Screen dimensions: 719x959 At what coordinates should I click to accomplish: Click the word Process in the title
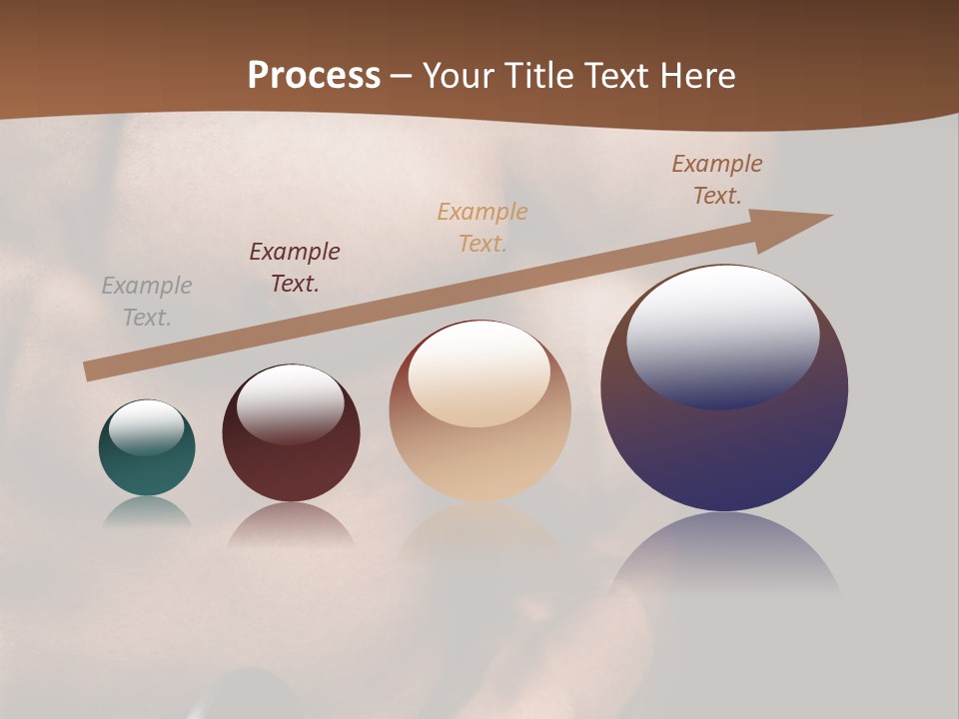pyautogui.click(x=314, y=75)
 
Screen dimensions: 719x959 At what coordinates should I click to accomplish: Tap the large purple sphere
pyautogui.click(x=724, y=449)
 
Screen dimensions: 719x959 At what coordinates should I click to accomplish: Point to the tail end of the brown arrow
pyautogui.click(x=89, y=371)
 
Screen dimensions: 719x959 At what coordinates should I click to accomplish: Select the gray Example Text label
pyautogui.click(x=147, y=302)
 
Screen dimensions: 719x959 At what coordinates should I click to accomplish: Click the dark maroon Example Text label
pyautogui.click(x=295, y=267)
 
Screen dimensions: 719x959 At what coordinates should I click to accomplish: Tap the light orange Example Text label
pyautogui.click(x=482, y=227)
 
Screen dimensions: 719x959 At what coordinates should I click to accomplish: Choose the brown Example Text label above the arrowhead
pyautogui.click(x=717, y=179)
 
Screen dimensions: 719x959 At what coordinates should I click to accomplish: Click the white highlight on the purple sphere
pyautogui.click(x=722, y=335)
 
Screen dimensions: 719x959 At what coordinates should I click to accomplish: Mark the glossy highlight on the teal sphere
pyautogui.click(x=146, y=426)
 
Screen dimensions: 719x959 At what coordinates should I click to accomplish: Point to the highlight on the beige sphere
pyautogui.click(x=479, y=371)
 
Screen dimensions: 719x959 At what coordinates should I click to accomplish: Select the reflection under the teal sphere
pyautogui.click(x=147, y=511)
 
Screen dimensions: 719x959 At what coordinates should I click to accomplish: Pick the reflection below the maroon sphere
pyautogui.click(x=291, y=524)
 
